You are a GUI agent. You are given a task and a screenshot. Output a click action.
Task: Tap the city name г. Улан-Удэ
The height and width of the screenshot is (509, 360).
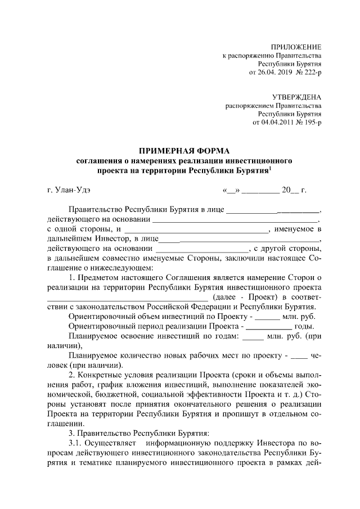pyautogui.click(x=69, y=191)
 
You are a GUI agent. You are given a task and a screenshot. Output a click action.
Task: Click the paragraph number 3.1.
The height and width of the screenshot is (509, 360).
pyautogui.click(x=75, y=444)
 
